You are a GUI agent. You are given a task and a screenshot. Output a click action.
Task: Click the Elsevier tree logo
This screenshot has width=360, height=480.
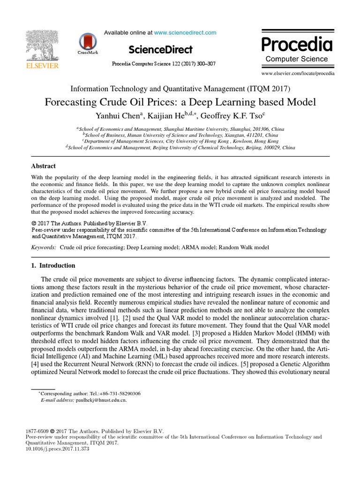[x=42, y=45]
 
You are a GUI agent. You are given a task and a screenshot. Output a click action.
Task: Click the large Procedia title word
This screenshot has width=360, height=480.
[x=296, y=45]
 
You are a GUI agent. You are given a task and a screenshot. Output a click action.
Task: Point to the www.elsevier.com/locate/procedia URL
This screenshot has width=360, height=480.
[x=298, y=73]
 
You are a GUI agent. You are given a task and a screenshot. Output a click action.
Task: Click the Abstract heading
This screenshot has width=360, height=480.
[x=43, y=166]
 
